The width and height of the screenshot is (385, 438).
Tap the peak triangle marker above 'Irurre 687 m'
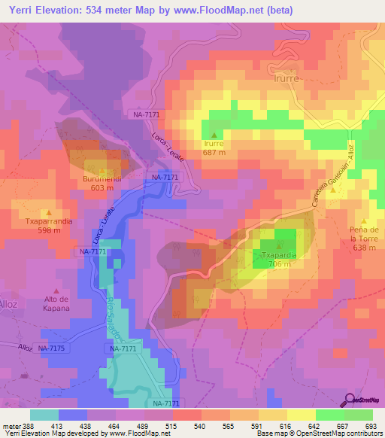[214, 135]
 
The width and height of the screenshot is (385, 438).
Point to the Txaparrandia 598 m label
[49, 225]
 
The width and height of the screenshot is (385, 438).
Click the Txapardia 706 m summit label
[280, 260]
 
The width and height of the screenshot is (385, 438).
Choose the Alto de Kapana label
[56, 304]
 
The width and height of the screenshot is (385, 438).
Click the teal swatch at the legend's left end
[44, 415]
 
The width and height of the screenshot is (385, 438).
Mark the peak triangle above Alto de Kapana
[56, 290]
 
